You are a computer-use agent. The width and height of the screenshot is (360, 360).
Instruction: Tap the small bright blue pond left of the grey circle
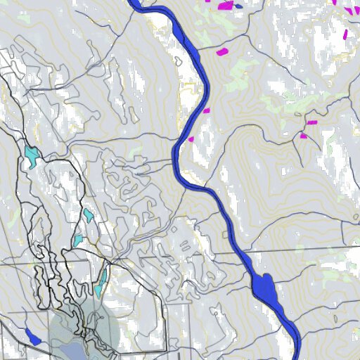click(32, 336)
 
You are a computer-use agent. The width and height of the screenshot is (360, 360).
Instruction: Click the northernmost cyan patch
click(30, 155)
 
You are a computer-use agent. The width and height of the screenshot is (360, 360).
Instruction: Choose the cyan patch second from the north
click(89, 214)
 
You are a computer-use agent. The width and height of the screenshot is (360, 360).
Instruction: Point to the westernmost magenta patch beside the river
click(191, 139)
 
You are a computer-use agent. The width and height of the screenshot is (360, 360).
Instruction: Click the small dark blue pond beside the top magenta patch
click(238, 6)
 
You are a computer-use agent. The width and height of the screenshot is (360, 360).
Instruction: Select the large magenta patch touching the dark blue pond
click(226, 6)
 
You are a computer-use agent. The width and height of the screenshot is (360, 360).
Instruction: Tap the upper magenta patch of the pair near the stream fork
click(311, 123)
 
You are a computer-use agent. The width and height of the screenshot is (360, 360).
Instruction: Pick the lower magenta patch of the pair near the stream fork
click(304, 136)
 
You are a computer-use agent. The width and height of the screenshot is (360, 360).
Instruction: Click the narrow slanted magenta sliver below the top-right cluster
click(345, 33)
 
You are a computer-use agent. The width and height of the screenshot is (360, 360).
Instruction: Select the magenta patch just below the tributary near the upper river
click(222, 51)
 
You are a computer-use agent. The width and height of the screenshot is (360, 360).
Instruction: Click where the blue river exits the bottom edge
click(297, 356)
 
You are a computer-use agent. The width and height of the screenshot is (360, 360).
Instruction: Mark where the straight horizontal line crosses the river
click(239, 252)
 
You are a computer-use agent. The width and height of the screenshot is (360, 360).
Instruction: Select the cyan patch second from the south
click(77, 240)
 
